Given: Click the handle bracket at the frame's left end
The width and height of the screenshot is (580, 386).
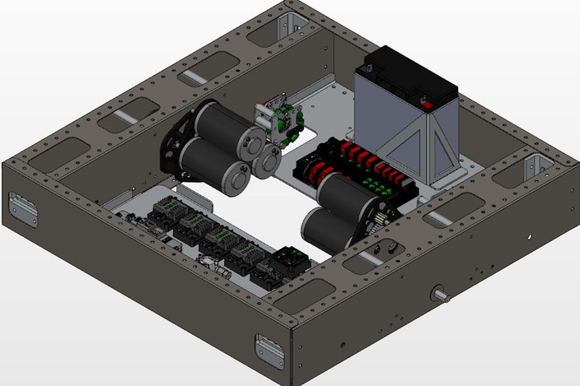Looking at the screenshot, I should point(22,209).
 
